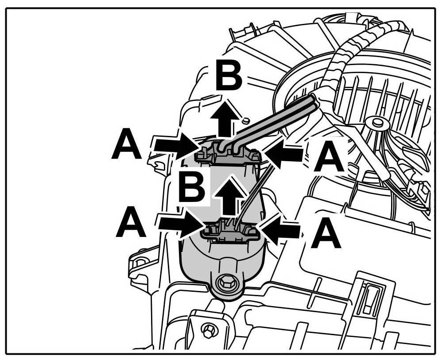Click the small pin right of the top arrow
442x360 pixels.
pyautogui.click(x=246, y=120)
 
